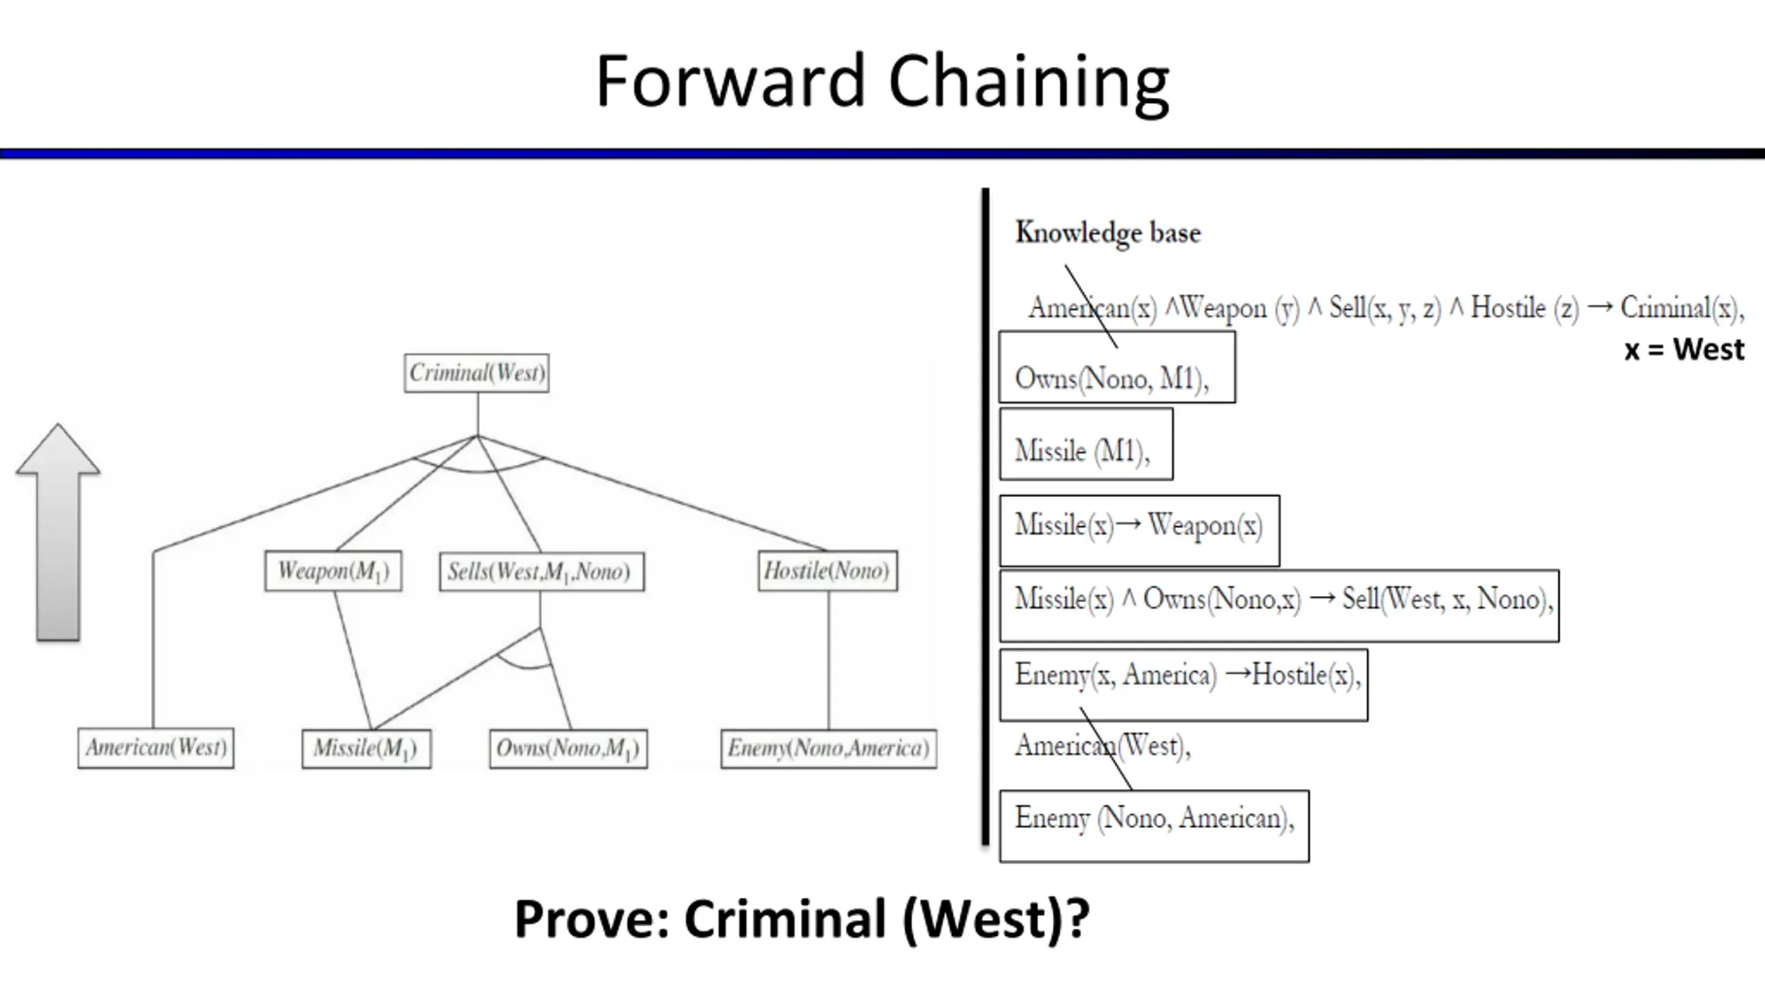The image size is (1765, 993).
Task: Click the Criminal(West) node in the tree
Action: (476, 373)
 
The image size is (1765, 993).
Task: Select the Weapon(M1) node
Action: (333, 571)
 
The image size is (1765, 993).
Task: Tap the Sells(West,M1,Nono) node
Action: (542, 572)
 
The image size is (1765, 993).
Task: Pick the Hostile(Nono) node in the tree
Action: (828, 571)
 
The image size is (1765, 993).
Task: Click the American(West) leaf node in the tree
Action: (156, 748)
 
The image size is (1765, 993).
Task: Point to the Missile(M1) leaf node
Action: (367, 749)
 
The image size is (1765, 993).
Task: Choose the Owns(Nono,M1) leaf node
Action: (568, 749)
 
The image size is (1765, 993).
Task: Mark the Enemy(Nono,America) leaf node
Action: (829, 749)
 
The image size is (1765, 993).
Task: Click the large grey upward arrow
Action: (58, 532)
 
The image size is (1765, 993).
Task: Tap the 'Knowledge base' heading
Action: (1108, 233)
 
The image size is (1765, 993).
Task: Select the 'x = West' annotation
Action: (1684, 350)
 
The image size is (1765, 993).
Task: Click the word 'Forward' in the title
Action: (731, 81)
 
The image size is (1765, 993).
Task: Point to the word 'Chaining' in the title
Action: (1029, 83)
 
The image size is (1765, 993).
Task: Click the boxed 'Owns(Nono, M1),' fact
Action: (1118, 367)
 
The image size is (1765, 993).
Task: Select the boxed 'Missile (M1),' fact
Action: (1087, 444)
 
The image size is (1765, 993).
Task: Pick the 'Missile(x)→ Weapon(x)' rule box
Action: (1140, 530)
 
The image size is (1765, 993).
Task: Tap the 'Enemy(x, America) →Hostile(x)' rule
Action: (1184, 685)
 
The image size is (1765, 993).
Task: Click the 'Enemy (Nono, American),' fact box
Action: (1154, 826)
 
